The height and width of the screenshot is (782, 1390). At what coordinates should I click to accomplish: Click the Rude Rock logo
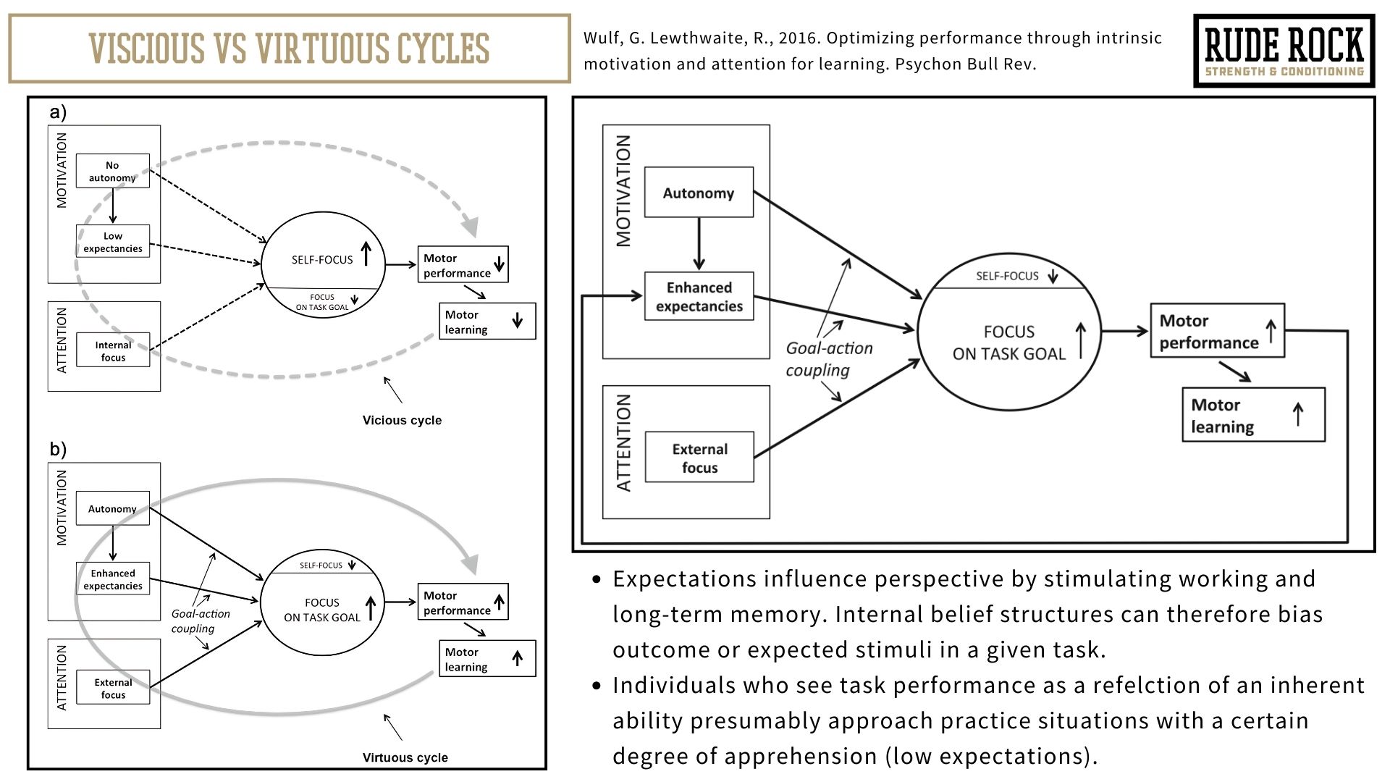click(1284, 51)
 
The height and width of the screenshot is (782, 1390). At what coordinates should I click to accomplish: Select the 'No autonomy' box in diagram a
click(112, 171)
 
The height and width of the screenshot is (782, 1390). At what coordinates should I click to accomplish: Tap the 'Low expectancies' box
click(112, 242)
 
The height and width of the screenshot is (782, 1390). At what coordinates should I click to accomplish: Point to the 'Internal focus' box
click(113, 350)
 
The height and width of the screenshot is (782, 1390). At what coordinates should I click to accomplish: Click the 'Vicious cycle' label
click(402, 420)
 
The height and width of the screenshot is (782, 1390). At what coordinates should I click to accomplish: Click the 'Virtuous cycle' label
click(405, 757)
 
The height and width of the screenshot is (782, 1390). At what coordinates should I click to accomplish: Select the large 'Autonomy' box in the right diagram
click(699, 193)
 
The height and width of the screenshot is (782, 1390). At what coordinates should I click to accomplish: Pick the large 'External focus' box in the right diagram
click(699, 458)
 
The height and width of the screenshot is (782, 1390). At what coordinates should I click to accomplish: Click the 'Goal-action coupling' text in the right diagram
click(829, 359)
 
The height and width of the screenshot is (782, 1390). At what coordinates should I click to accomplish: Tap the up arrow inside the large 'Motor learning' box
click(1297, 414)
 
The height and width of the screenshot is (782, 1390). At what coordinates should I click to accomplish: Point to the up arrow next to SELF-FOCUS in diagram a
click(366, 254)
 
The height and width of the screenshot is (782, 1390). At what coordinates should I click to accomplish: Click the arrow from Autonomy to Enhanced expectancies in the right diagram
click(699, 244)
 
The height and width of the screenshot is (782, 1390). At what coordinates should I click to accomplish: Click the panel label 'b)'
click(58, 449)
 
